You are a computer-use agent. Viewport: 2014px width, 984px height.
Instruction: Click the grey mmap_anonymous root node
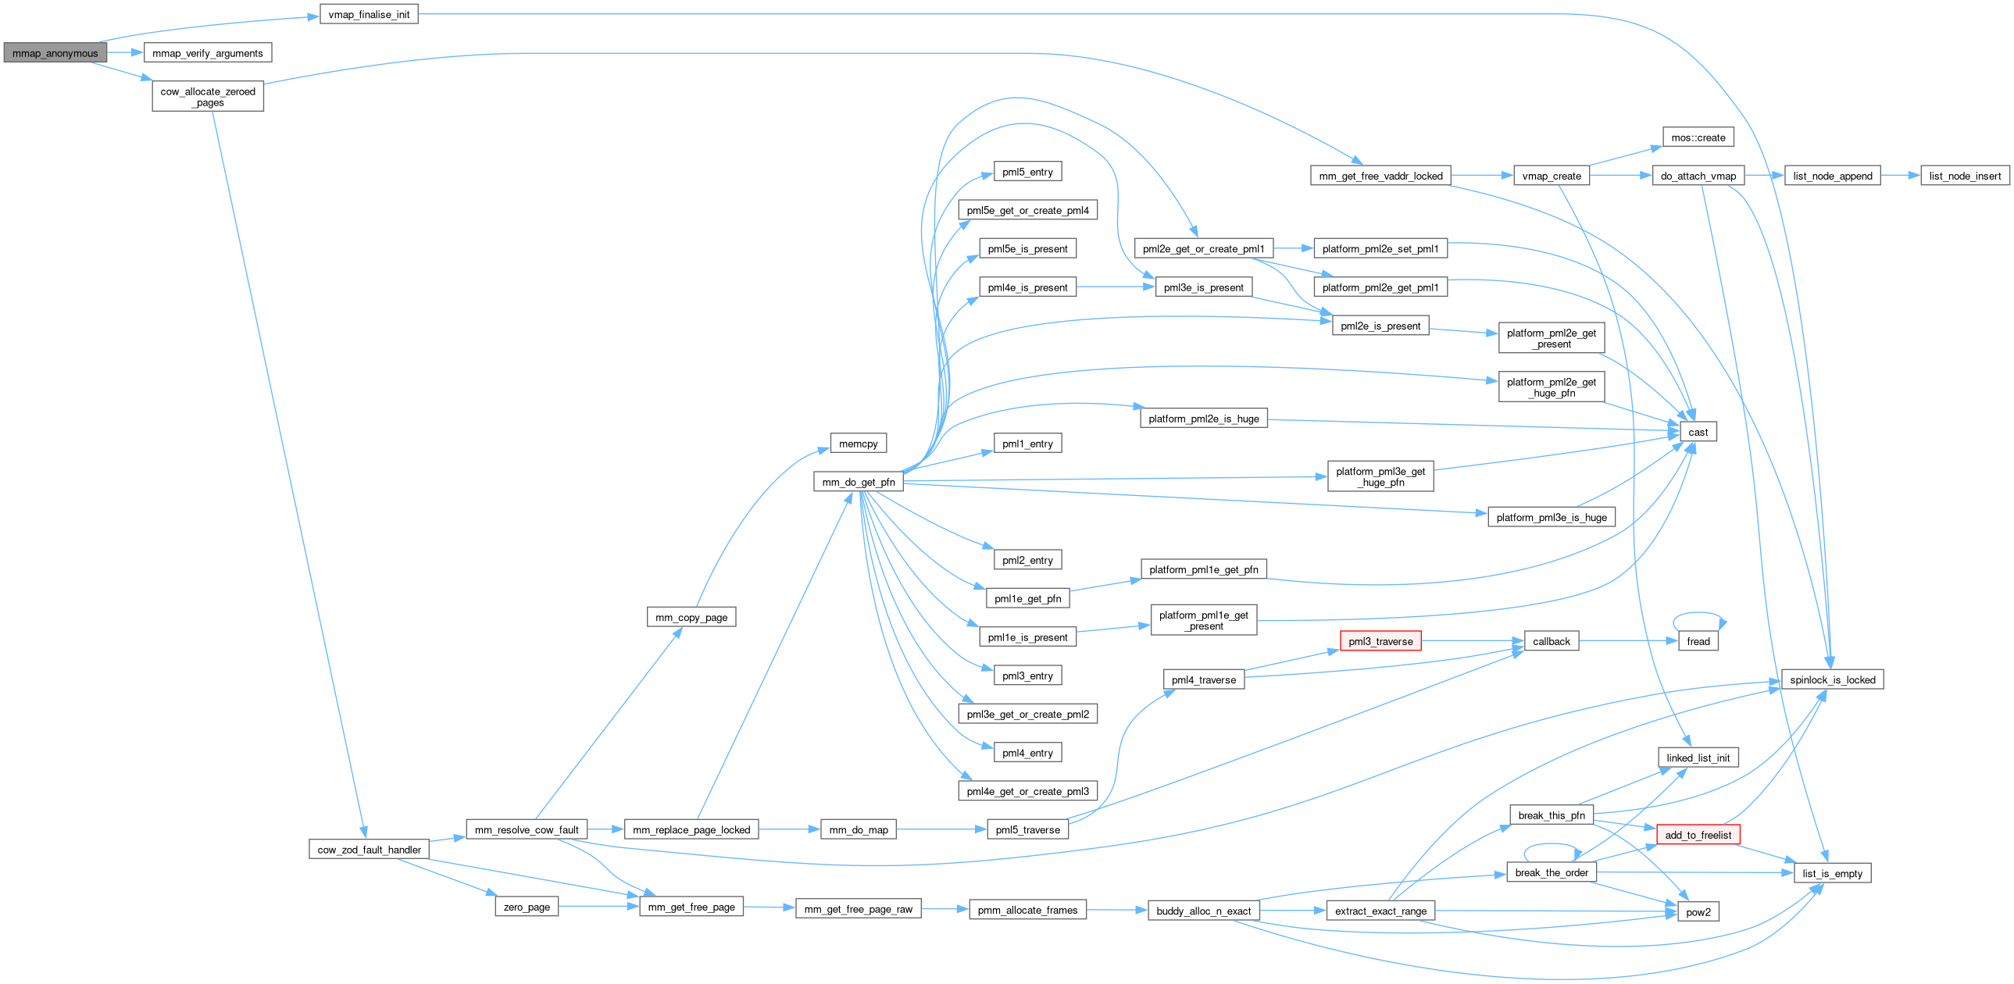[x=55, y=53]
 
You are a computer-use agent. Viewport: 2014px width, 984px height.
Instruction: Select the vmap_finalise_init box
[x=368, y=15]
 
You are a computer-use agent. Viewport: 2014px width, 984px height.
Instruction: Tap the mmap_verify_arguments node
[x=207, y=53]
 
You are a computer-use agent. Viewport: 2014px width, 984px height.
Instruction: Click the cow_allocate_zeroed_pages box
[x=207, y=97]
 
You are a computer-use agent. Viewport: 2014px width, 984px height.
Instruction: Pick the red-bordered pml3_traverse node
[x=1380, y=642]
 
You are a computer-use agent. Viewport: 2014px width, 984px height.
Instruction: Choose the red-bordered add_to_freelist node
[x=1698, y=835]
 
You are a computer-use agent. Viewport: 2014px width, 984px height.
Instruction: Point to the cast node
[x=1698, y=432]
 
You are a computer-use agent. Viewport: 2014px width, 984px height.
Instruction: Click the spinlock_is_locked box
[x=1832, y=680]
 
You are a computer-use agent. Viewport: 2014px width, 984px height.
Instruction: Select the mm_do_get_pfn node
[x=859, y=482]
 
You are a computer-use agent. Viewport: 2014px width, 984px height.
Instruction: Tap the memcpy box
[x=859, y=444]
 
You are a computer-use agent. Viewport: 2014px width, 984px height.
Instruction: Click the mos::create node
[x=1698, y=137]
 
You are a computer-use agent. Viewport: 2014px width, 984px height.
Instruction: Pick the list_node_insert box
[x=1965, y=176]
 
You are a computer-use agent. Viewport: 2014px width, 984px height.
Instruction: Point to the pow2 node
[x=1698, y=912]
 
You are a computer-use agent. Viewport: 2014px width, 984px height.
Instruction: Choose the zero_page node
[x=527, y=907]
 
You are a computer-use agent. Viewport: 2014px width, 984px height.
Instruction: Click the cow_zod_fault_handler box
[x=369, y=850]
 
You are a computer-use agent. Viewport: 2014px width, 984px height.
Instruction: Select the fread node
[x=1698, y=642]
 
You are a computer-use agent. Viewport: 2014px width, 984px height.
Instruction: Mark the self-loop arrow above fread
[x=1698, y=614]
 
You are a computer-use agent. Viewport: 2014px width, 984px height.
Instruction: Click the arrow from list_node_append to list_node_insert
[x=1900, y=176]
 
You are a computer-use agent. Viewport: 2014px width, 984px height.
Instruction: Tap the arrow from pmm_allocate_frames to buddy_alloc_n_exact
[x=1116, y=911]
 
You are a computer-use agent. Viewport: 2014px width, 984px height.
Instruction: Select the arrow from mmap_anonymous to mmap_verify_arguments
[x=125, y=53]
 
